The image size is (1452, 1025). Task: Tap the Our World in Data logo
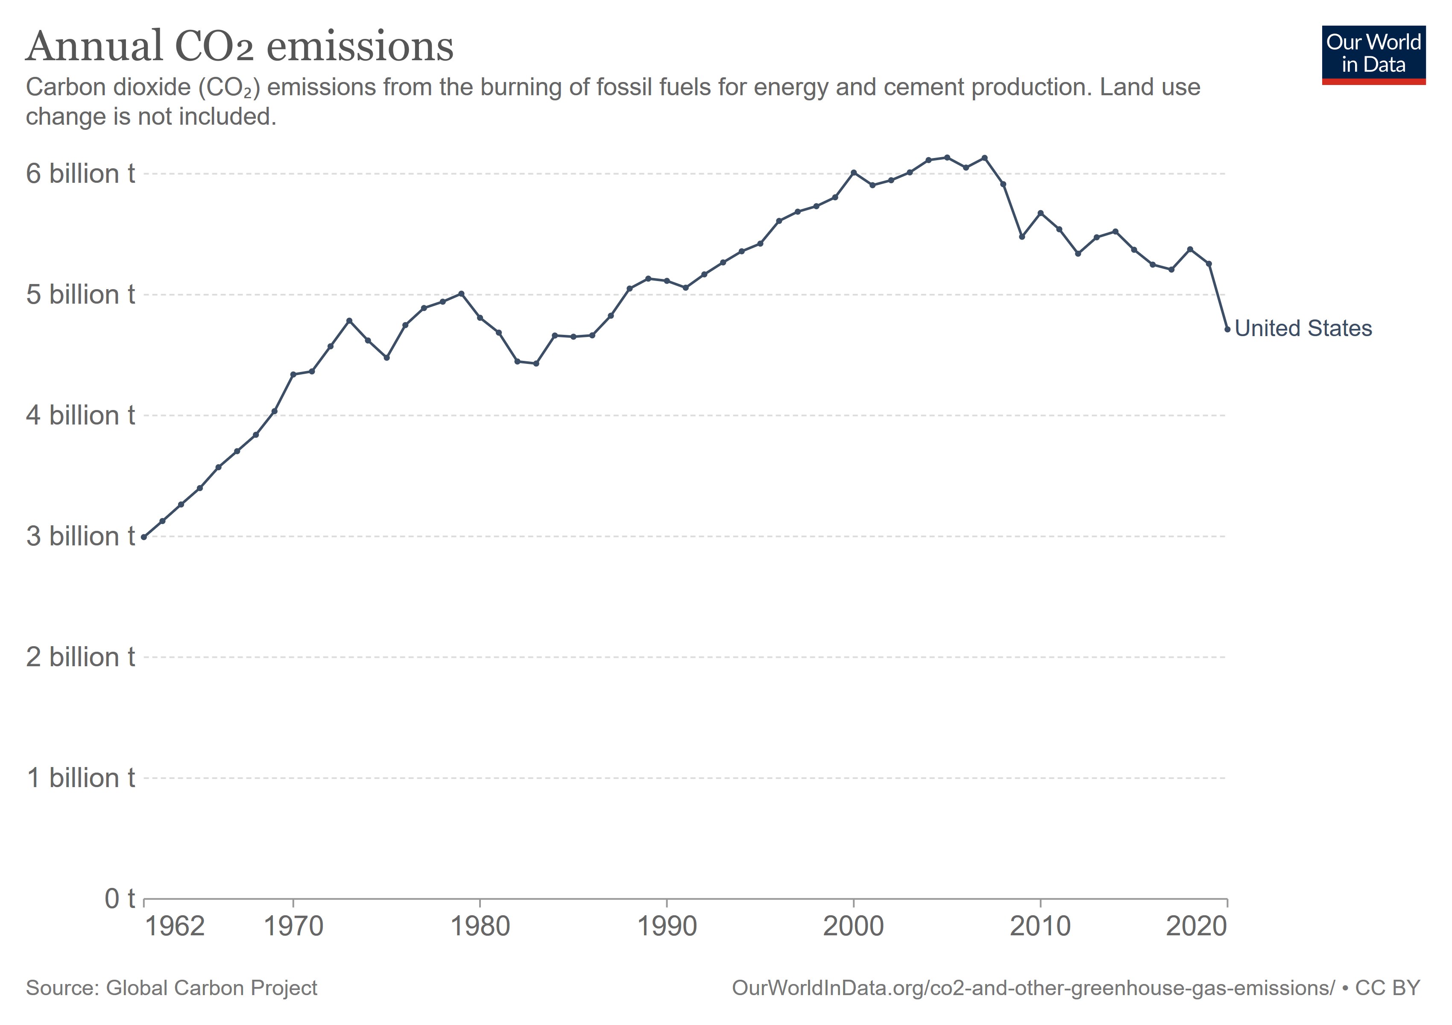[1373, 54]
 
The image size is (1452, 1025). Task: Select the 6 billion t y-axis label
[80, 174]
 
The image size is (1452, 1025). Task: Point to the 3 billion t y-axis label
[80, 536]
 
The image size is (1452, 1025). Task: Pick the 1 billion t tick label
[80, 778]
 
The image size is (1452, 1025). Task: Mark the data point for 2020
[1227, 329]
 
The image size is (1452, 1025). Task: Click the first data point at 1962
[144, 537]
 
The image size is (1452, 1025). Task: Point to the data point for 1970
[293, 374]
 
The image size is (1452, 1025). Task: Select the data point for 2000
[854, 172]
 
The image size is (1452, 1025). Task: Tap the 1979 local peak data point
[461, 293]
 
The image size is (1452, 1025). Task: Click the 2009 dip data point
[1022, 237]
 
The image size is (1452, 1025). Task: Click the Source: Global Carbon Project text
[171, 988]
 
